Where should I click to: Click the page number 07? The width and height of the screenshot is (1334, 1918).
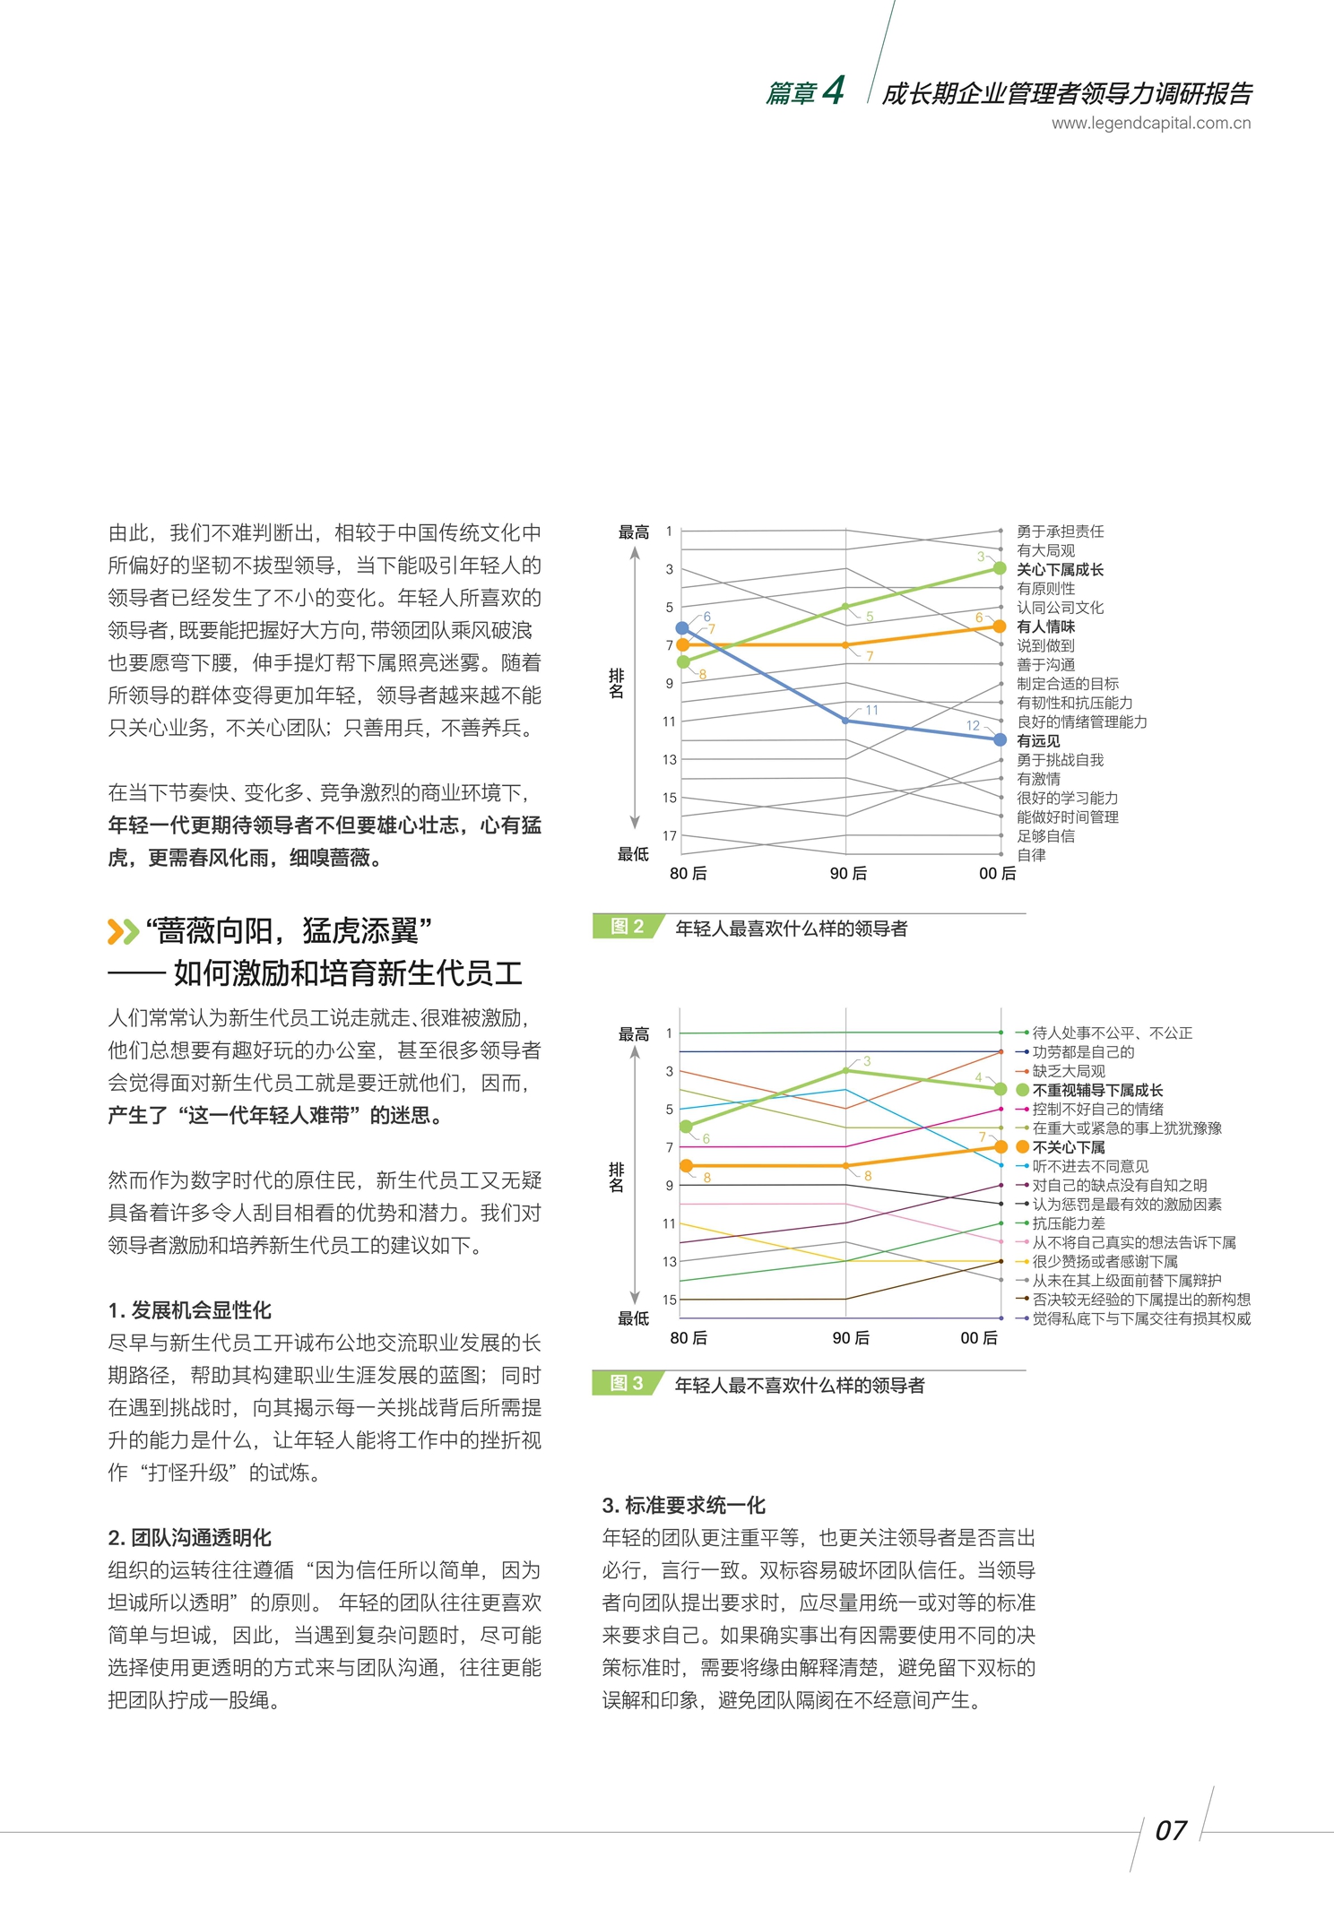[x=1171, y=1830]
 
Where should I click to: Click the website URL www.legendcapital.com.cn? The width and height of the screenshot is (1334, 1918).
[x=1150, y=124]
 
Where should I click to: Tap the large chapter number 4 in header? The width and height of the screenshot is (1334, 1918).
[x=834, y=91]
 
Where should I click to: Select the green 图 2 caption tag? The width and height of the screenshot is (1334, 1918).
[x=627, y=927]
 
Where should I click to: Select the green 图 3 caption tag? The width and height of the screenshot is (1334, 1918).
[x=626, y=1383]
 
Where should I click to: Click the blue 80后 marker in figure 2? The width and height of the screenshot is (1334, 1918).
[x=682, y=628]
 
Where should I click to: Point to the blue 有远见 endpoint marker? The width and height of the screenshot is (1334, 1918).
[x=1000, y=739]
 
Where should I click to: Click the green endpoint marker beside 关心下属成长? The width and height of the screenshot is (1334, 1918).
[x=1000, y=568]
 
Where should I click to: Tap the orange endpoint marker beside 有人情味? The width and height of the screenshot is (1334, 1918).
[x=1000, y=626]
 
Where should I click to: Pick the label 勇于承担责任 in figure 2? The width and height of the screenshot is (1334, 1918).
[x=1060, y=531]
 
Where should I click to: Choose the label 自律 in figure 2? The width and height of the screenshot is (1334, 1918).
[x=1031, y=855]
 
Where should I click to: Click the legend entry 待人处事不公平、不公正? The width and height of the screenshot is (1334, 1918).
[x=1112, y=1033]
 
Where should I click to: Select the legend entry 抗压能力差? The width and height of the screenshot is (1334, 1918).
[x=1068, y=1223]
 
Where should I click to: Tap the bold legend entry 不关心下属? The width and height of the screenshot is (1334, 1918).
[x=1068, y=1147]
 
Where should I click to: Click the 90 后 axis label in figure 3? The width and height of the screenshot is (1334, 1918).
[x=850, y=1338]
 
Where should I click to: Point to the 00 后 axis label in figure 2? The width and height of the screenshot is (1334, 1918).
[x=997, y=874]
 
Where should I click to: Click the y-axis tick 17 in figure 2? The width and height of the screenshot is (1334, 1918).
[x=670, y=835]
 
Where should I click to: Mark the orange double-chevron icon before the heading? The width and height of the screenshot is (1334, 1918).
[x=123, y=931]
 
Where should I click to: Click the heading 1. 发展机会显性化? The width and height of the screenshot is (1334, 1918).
[x=189, y=1310]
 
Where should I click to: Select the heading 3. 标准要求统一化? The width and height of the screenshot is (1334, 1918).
[x=683, y=1506]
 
